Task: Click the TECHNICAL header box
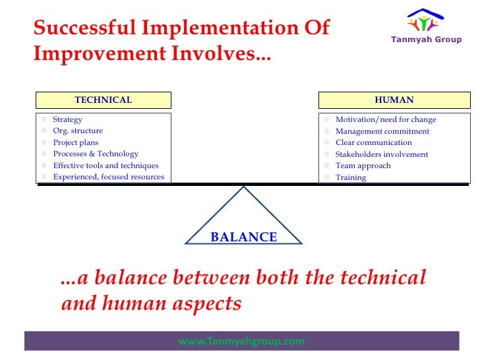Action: coord(104,100)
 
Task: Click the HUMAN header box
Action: coord(394,100)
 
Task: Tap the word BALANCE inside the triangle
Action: coord(244,237)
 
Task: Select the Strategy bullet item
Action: coord(67,119)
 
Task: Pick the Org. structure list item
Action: coord(78,131)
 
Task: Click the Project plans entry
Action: coord(76,142)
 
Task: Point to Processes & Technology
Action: coord(96,154)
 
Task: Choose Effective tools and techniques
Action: coord(105,165)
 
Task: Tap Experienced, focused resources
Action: coord(109,177)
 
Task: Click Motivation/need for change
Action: coord(386,119)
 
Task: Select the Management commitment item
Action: coord(382,131)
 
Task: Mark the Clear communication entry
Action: coord(373,142)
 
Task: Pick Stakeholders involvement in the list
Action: coord(382,154)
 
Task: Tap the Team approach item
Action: coord(363,165)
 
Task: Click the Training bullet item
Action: coord(351,177)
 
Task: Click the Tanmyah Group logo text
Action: coord(426,40)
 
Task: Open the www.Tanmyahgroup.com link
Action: coord(241,341)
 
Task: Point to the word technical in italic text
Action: coord(383,278)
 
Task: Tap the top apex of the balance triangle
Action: coord(244,187)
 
